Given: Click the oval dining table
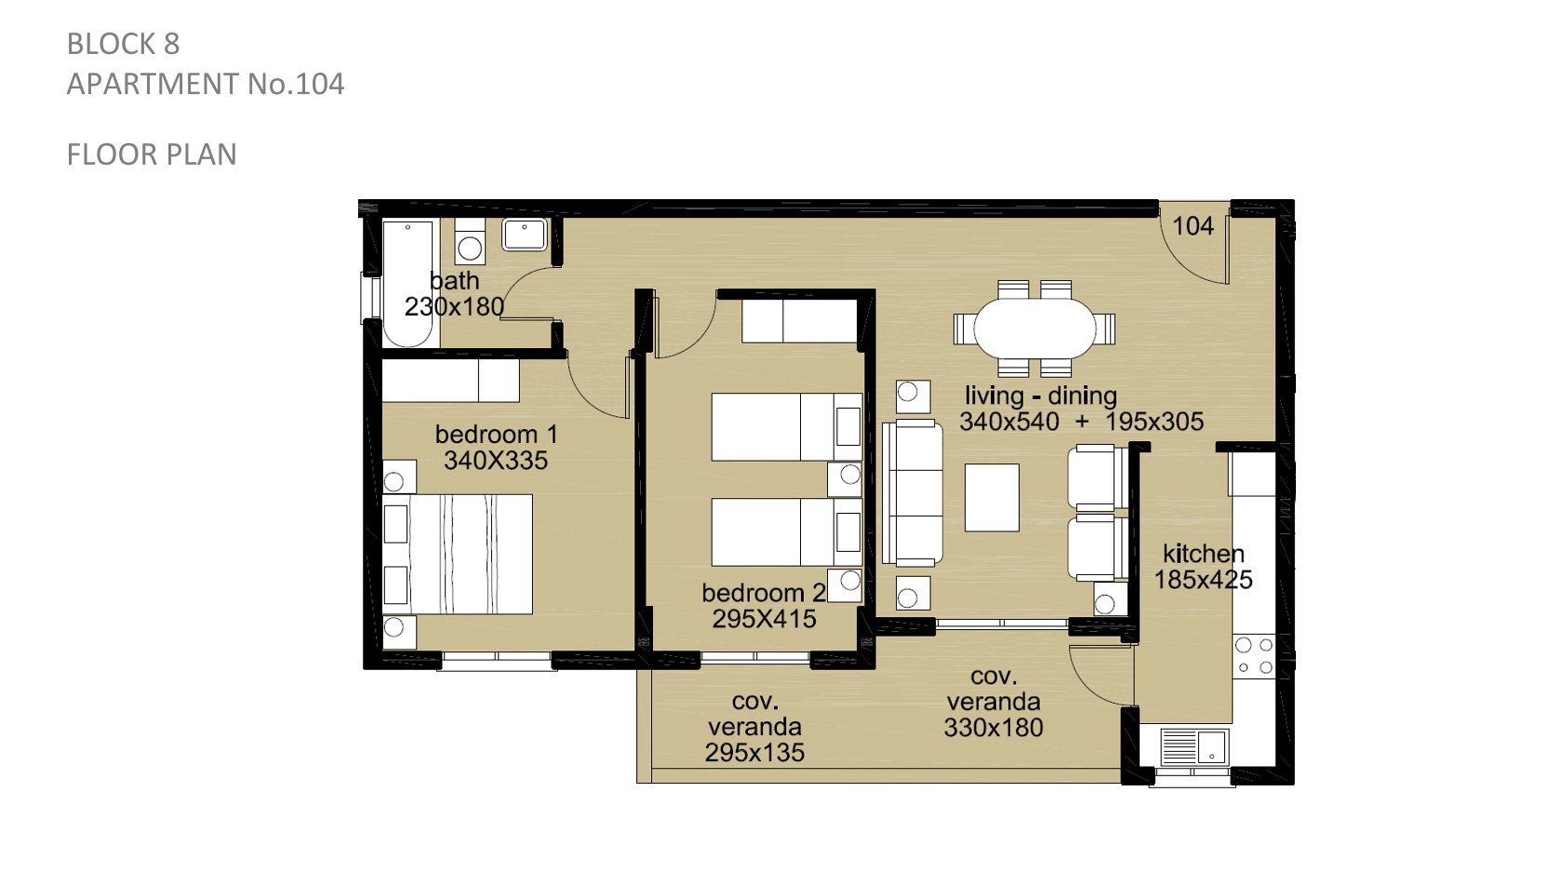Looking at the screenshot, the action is pyautogui.click(x=1034, y=329).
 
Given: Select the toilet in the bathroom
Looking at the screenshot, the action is pyautogui.click(x=470, y=240).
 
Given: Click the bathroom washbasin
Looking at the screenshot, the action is pyautogui.click(x=525, y=235).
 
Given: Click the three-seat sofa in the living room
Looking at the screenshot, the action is pyautogui.click(x=913, y=492).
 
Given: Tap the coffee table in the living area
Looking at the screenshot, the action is pyautogui.click(x=992, y=498).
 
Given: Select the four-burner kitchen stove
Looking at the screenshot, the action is pyautogui.click(x=1254, y=656).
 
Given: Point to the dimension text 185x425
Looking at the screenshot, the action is pyautogui.click(x=1204, y=579).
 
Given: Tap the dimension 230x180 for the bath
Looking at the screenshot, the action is pyautogui.click(x=454, y=306).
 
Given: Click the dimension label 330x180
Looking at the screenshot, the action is pyautogui.click(x=993, y=727).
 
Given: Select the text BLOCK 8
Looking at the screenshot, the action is pyautogui.click(x=124, y=44).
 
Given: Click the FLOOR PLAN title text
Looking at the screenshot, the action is pyautogui.click(x=152, y=154).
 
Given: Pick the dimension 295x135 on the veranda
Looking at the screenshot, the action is pyautogui.click(x=754, y=752).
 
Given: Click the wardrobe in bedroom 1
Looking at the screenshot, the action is pyautogui.click(x=451, y=380).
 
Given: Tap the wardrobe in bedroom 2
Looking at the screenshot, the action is pyautogui.click(x=798, y=321).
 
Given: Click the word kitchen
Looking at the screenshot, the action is pyautogui.click(x=1204, y=554).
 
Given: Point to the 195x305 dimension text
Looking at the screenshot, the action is pyautogui.click(x=1154, y=421).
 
